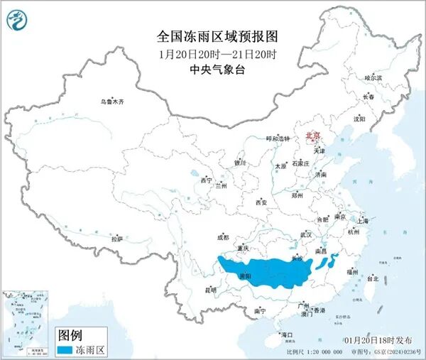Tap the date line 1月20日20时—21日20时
pos(212,53)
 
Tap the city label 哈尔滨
pos(373,77)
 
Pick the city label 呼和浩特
pos(278,138)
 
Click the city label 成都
pos(223,237)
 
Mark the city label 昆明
pos(210,290)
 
